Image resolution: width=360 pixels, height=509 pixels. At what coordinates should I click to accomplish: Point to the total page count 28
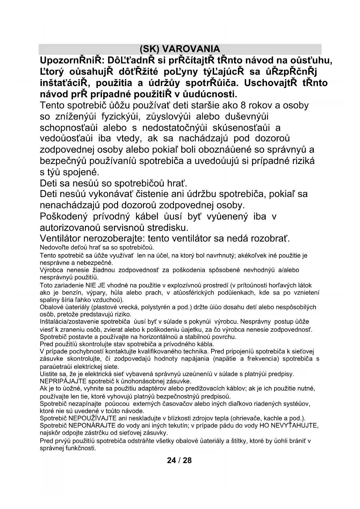(187, 460)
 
